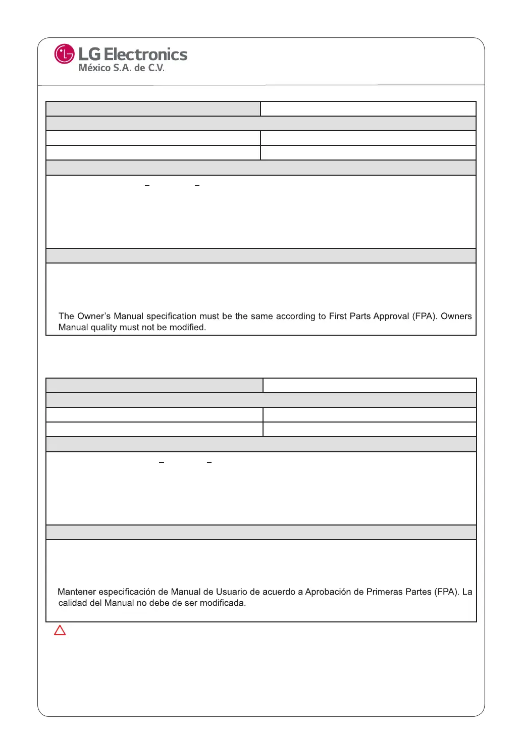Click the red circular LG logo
(64, 54)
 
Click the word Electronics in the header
(145, 55)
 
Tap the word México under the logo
(94, 68)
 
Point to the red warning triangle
(60, 630)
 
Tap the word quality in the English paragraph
(103, 328)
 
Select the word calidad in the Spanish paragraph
(72, 603)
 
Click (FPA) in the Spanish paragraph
(447, 592)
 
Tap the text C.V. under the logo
(156, 68)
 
